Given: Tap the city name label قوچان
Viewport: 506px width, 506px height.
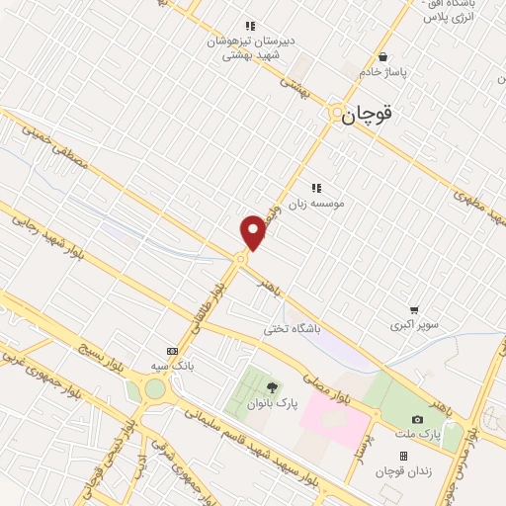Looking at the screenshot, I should pyautogui.click(x=370, y=116).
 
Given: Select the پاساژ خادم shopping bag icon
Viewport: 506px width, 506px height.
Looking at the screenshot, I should pyautogui.click(x=382, y=57).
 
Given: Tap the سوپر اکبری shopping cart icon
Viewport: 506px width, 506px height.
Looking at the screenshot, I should pyautogui.click(x=413, y=309).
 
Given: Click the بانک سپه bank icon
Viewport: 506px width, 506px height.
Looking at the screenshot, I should pyautogui.click(x=172, y=351).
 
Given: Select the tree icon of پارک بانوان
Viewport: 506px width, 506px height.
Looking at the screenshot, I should pyautogui.click(x=273, y=385).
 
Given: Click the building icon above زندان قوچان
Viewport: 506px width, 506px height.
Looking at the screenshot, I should pyautogui.click(x=403, y=456).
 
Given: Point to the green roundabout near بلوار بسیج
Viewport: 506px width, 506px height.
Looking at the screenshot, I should pyautogui.click(x=155, y=389).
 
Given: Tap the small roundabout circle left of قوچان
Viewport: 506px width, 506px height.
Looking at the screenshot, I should pyautogui.click(x=336, y=112).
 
